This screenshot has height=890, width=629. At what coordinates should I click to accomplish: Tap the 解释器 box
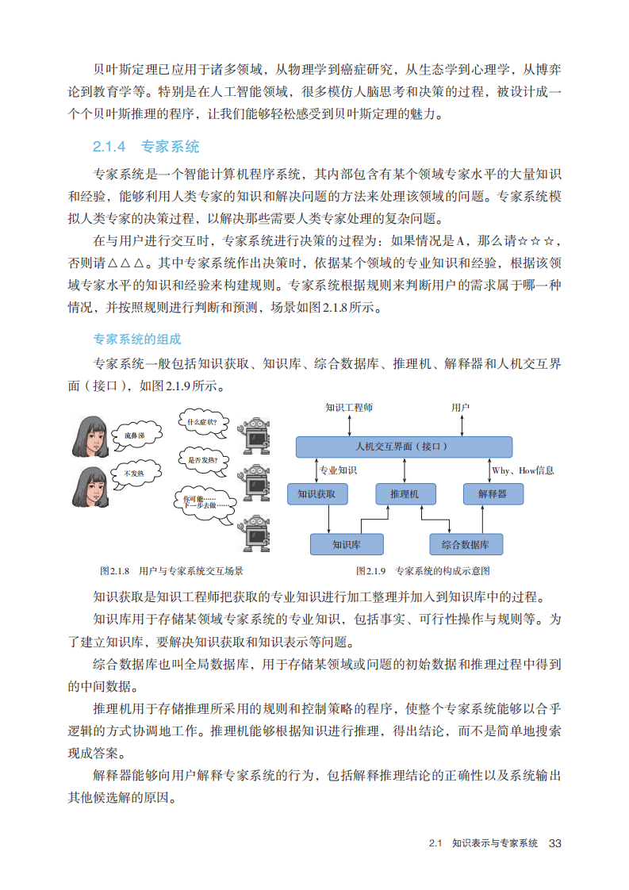tap(492, 493)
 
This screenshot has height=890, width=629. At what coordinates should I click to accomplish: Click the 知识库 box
tap(347, 544)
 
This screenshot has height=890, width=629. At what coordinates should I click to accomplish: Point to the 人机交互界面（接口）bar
tap(403, 447)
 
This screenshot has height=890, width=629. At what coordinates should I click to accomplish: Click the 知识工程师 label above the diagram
tap(348, 408)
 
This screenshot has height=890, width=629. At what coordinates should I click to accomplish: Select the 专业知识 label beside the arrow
tap(338, 470)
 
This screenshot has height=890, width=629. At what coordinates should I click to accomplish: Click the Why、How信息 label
tap(523, 470)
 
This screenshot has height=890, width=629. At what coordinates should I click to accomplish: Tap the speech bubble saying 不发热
tap(132, 474)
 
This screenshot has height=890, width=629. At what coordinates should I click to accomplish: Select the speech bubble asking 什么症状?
tap(201, 423)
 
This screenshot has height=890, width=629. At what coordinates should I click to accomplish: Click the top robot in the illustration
tap(256, 435)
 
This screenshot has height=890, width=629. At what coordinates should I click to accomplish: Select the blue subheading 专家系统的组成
tap(137, 340)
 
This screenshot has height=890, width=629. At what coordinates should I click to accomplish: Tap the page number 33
tap(554, 842)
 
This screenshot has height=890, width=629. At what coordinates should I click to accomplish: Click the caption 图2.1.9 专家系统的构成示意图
tap(423, 570)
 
